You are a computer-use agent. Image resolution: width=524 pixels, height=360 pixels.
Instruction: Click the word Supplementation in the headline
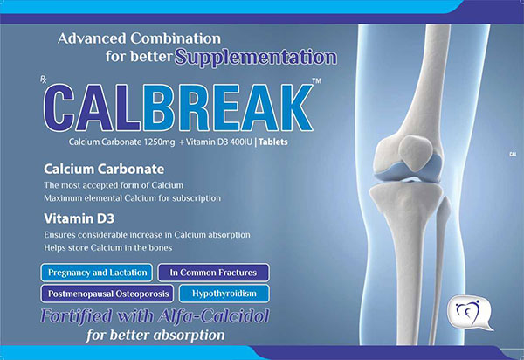256,58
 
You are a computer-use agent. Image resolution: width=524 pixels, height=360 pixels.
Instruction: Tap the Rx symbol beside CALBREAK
44,80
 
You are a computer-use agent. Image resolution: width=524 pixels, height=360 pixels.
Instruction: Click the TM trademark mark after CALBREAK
316,80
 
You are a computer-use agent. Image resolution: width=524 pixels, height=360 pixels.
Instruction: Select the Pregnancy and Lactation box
97,273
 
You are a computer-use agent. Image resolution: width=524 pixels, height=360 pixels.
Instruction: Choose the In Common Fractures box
214,273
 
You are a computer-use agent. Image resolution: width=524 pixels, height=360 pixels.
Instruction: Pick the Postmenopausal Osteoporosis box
107,294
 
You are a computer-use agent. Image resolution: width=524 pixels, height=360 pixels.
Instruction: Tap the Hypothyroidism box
224,294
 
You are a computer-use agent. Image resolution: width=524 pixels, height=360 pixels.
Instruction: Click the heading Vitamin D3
79,218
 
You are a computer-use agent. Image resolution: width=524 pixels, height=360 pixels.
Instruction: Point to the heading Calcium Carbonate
104,170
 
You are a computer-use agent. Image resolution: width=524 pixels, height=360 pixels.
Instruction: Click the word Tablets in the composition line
273,142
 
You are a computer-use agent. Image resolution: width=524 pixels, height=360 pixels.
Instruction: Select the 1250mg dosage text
159,142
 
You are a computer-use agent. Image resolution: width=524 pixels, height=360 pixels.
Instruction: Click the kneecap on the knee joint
417,151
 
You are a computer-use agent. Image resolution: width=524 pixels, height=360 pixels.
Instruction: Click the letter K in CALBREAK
295,107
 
